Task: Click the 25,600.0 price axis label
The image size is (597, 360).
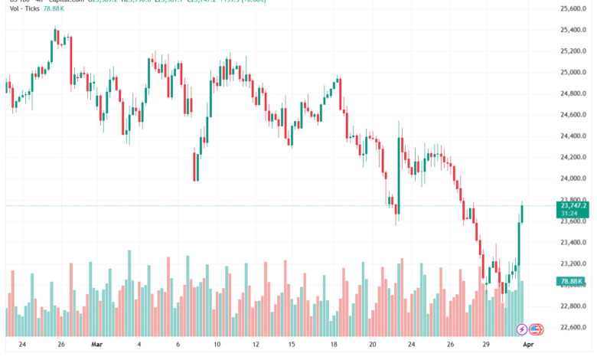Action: coord(574,9)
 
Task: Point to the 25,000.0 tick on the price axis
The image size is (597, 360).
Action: coord(574,73)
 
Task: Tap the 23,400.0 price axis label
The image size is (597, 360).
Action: coord(574,243)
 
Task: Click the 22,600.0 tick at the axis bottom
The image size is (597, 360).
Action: coord(574,328)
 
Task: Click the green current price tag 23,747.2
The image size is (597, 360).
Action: coord(573,205)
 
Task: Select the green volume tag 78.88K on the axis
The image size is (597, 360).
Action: coord(573,282)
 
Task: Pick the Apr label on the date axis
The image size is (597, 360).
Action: coord(537,345)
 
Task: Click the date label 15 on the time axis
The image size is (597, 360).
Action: coord(292,345)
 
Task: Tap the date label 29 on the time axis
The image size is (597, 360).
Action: coord(487,345)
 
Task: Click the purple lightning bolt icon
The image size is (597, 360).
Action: coord(522,329)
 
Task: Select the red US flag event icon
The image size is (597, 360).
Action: coord(536,329)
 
